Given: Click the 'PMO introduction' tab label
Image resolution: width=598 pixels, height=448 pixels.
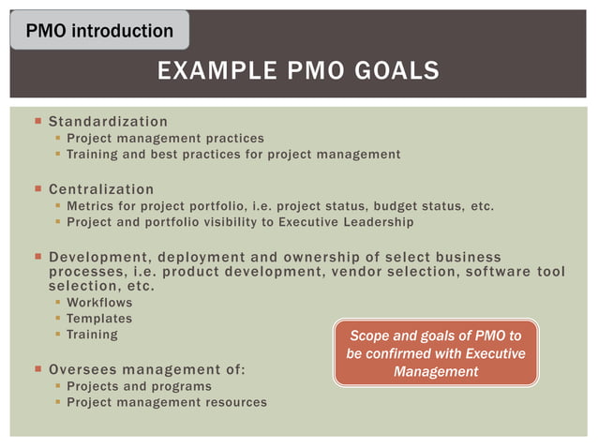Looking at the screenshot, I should tap(98, 31).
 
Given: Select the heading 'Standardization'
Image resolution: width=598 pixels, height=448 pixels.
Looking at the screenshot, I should tap(108, 122).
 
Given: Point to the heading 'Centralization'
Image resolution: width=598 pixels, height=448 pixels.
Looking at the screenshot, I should tap(100, 189).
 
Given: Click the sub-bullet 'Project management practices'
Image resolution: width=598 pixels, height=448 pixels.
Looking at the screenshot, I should tap(165, 138).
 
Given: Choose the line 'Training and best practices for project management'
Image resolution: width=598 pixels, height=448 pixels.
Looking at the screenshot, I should tap(233, 154).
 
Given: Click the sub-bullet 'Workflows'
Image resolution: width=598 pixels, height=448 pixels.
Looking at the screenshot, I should tap(99, 303).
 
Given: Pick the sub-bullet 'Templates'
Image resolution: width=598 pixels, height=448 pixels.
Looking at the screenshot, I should tap(99, 319).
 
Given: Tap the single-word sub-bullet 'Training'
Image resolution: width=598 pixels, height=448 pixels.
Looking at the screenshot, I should tap(92, 335).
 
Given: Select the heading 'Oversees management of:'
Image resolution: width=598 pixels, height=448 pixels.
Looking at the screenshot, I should tap(146, 369).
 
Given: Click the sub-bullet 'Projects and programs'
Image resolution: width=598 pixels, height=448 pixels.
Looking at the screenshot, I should tap(139, 386).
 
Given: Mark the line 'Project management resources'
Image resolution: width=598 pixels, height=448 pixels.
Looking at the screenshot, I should tap(166, 402).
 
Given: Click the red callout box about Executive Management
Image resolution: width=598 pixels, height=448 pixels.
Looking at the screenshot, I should tap(436, 353).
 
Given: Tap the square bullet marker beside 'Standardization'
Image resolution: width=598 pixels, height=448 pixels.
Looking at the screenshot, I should tap(37, 122).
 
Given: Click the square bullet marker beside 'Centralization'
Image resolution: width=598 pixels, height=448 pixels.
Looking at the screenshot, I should tap(37, 189).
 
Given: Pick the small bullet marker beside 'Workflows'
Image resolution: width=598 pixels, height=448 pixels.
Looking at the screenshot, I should tap(57, 304).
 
